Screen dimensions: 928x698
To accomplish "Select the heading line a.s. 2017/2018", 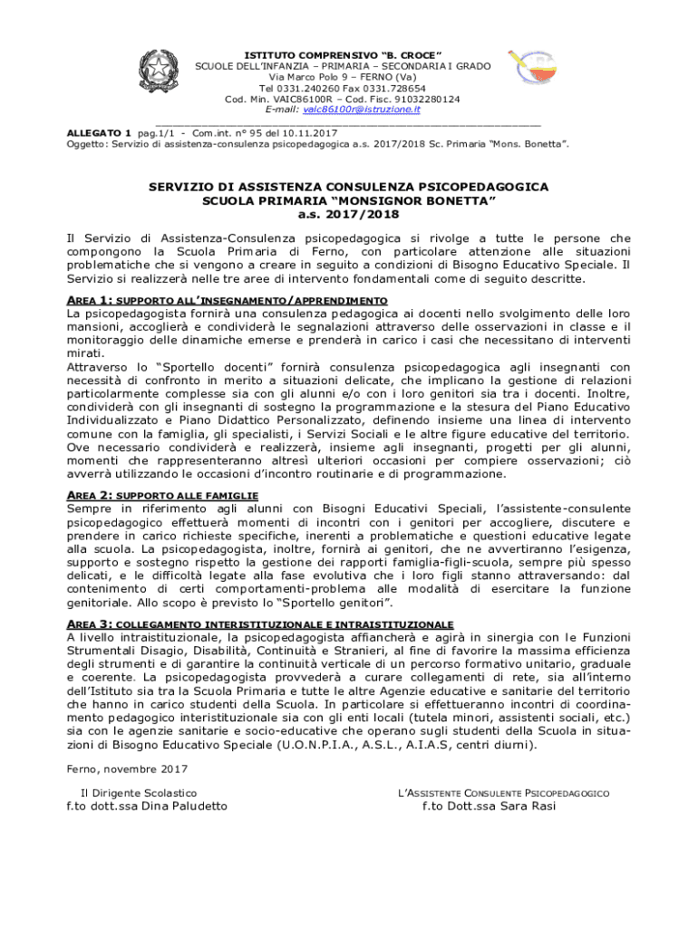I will coord(348,215).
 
